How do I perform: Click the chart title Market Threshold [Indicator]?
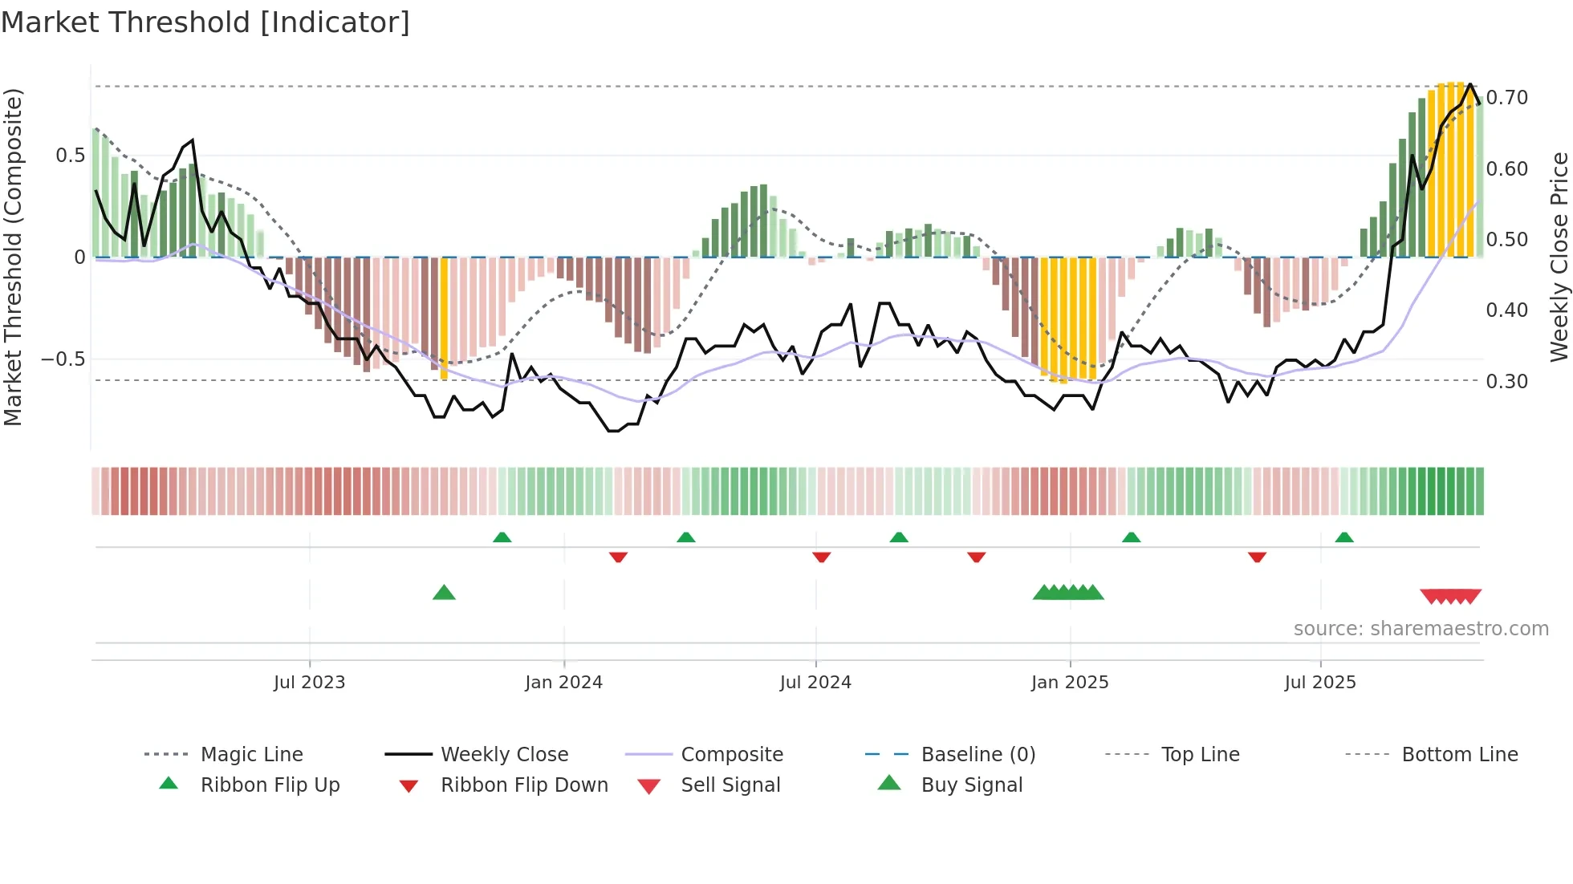(x=205, y=22)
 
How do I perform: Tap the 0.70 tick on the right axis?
(x=1506, y=98)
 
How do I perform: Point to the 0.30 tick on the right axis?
(x=1506, y=382)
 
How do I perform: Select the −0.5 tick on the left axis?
(x=63, y=359)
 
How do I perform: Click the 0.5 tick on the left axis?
(x=70, y=156)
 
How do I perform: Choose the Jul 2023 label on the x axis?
(x=309, y=683)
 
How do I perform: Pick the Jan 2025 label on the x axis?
(x=1069, y=683)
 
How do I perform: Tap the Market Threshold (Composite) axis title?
(x=13, y=257)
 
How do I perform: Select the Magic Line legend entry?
(x=251, y=755)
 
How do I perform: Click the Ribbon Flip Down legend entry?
(x=524, y=785)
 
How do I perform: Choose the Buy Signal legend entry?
(x=971, y=785)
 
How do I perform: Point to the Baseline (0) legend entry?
(x=978, y=755)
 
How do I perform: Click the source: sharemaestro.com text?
(x=1421, y=629)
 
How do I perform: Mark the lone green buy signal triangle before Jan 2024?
(x=444, y=593)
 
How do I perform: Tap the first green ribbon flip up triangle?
(x=502, y=537)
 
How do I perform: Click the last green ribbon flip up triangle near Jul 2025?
(x=1344, y=537)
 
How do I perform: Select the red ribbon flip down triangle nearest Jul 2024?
(x=821, y=557)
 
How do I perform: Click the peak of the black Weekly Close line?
(x=1470, y=84)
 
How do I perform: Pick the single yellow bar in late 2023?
(x=445, y=318)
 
